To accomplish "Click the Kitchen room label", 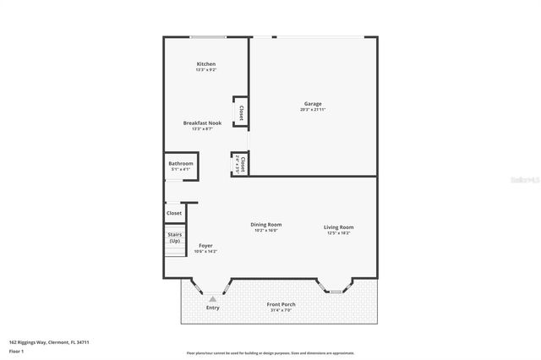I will click(206, 64).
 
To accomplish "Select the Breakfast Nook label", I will click(202, 123).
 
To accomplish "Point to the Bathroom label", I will click(181, 163).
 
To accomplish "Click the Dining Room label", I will click(265, 224).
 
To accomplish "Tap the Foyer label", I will click(205, 245).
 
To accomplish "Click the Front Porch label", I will click(281, 304).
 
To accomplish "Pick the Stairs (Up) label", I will click(175, 237).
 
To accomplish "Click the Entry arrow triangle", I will click(213, 298).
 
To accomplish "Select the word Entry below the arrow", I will click(213, 308).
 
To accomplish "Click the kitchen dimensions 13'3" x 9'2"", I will click(206, 70).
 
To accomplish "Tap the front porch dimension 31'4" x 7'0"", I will click(281, 310).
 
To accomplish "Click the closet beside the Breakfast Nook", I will click(241, 112).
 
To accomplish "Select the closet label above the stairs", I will click(174, 213).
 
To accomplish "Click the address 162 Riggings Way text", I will click(49, 342).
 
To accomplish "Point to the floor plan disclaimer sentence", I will click(270, 353).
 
